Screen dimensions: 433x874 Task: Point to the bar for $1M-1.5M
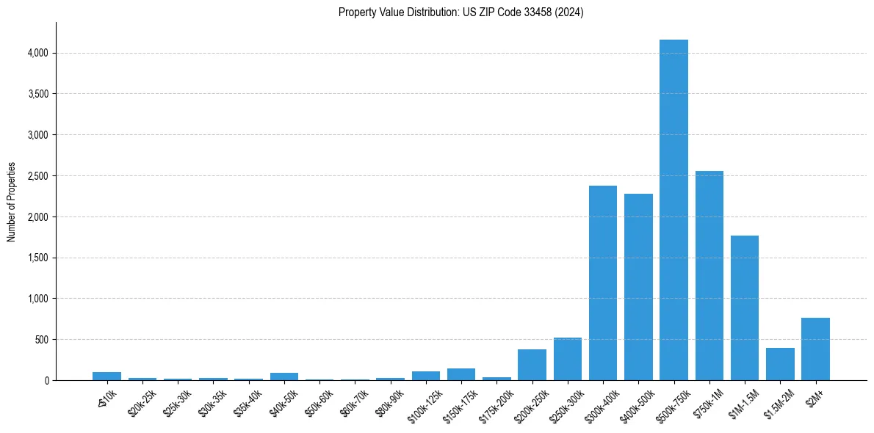pyautogui.click(x=745, y=308)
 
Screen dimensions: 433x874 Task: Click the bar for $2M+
pyautogui.click(x=815, y=349)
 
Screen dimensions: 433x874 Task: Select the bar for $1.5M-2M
pyautogui.click(x=780, y=365)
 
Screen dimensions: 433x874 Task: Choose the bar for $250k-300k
pyautogui.click(x=568, y=360)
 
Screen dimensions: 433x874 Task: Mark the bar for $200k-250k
pyautogui.click(x=532, y=365)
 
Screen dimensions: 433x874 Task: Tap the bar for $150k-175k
pyautogui.click(x=461, y=375)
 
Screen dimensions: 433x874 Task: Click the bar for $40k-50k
pyautogui.click(x=284, y=376)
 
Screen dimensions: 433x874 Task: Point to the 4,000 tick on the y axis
pyautogui.click(x=38, y=53)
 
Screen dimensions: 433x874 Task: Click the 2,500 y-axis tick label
pyautogui.click(x=38, y=176)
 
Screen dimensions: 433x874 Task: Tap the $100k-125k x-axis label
pyautogui.click(x=425, y=401)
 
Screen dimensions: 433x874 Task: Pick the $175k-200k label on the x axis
pyautogui.click(x=495, y=401)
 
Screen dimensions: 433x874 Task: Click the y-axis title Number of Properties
pyautogui.click(x=11, y=201)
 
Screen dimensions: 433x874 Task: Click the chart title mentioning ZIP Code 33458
pyautogui.click(x=461, y=12)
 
